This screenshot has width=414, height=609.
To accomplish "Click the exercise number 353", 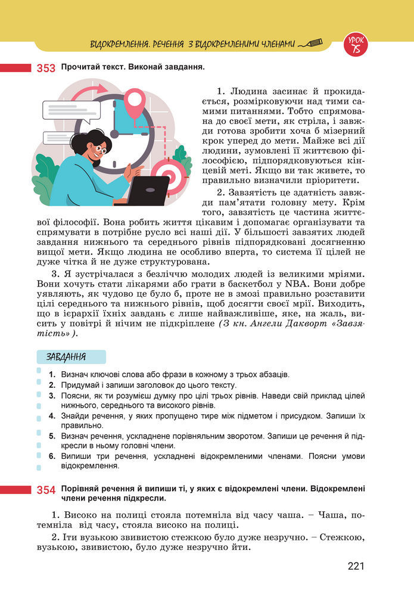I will (46, 68).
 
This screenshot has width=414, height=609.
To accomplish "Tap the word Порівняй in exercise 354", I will (80, 489).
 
